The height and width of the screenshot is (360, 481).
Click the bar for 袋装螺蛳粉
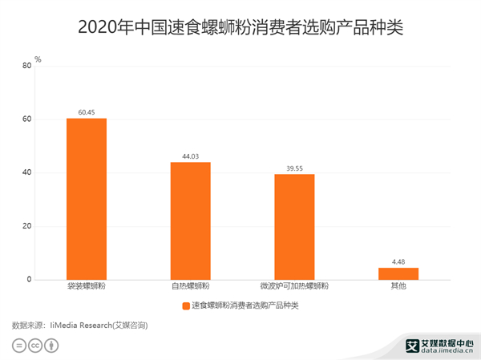(x=87, y=199)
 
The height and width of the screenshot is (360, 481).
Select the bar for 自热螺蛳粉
(x=190, y=220)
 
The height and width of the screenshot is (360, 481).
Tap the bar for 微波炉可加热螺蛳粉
(x=294, y=227)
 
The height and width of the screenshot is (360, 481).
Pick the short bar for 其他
(x=398, y=273)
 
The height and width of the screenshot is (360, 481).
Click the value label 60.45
(x=87, y=112)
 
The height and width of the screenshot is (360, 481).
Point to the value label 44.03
(x=190, y=156)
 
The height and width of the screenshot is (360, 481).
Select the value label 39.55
(x=294, y=168)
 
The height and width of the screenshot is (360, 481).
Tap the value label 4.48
(x=398, y=261)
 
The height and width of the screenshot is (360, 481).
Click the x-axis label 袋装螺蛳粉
(x=87, y=286)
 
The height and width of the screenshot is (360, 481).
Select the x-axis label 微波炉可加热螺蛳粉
(x=294, y=286)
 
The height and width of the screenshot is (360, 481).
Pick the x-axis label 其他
(x=398, y=286)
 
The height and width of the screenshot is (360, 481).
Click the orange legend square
(x=186, y=305)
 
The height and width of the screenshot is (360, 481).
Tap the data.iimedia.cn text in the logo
(x=446, y=350)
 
